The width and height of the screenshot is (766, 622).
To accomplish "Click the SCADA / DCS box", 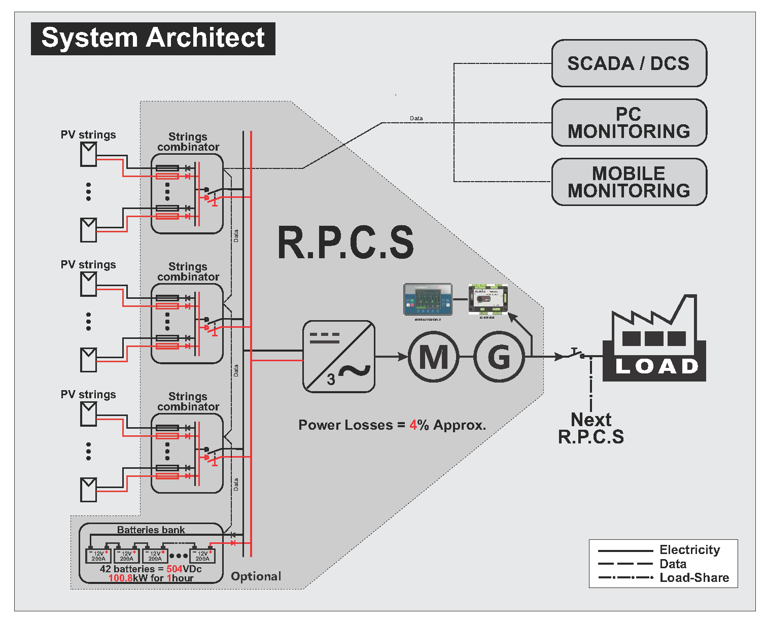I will click(x=629, y=63).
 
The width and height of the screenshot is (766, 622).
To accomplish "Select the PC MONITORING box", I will click(x=629, y=123).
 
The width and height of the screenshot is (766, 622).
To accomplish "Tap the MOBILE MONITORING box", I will click(x=629, y=182).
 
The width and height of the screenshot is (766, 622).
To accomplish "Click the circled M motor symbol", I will click(x=434, y=357).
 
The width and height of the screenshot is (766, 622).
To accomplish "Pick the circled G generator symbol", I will click(x=499, y=357).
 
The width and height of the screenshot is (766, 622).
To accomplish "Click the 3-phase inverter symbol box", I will click(x=339, y=357).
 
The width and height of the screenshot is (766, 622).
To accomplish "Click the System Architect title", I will click(x=153, y=39).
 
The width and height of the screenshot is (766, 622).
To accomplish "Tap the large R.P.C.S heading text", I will click(x=345, y=243).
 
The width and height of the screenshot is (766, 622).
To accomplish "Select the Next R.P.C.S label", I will click(x=591, y=428).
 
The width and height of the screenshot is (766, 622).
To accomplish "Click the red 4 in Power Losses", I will click(x=413, y=425).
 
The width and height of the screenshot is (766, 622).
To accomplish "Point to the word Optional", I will click(x=256, y=576).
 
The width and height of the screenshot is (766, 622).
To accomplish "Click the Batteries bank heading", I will click(x=151, y=530).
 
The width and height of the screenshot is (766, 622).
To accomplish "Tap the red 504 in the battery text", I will click(x=175, y=569).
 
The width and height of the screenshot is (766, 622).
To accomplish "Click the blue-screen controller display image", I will click(x=428, y=299).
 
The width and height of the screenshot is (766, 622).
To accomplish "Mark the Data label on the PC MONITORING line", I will click(x=416, y=118).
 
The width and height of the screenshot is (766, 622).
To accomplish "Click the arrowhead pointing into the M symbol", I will click(x=404, y=357).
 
